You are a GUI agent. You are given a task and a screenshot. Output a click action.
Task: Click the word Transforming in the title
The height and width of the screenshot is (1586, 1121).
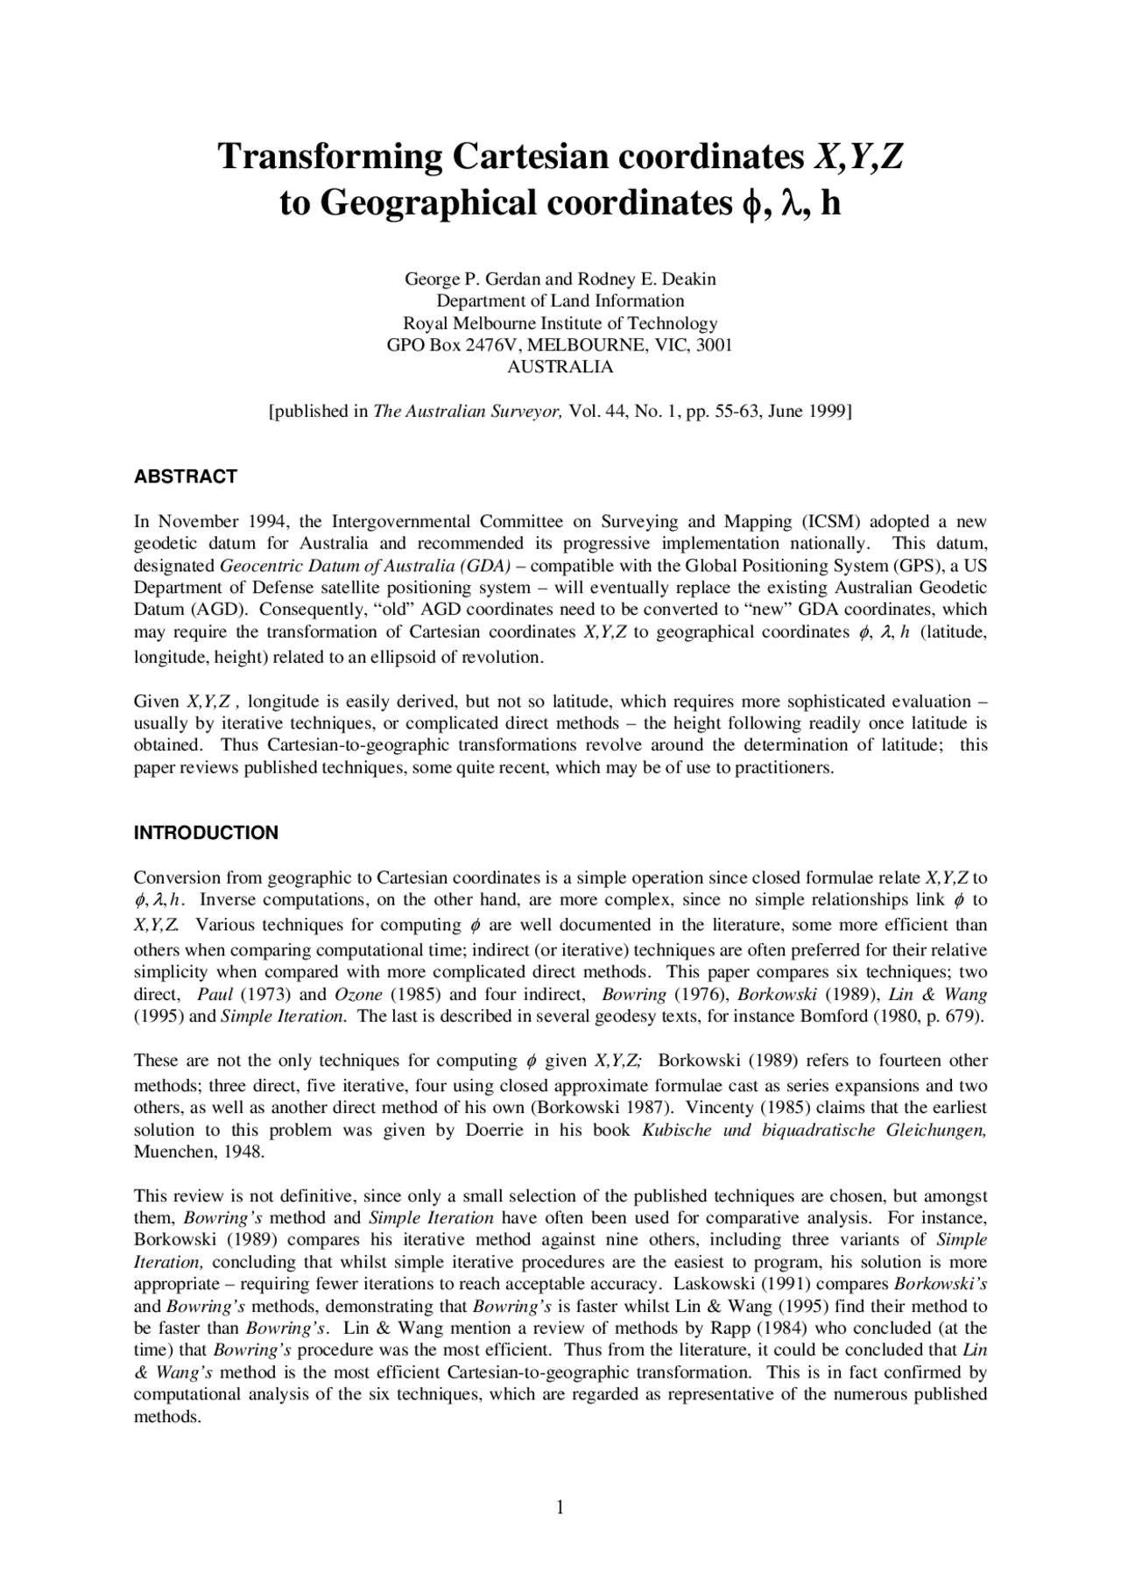click(x=331, y=158)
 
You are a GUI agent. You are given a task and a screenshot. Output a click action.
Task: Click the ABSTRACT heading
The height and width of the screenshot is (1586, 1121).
click(x=185, y=477)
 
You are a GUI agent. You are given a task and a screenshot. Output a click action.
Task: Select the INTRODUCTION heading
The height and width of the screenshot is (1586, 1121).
click(x=206, y=834)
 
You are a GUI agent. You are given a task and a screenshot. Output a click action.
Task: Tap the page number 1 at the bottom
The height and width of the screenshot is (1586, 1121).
click(x=560, y=1507)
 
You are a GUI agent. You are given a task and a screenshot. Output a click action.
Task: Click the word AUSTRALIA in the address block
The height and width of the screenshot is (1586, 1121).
click(x=560, y=367)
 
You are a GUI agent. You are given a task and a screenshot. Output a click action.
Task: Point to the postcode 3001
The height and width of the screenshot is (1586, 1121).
click(x=714, y=345)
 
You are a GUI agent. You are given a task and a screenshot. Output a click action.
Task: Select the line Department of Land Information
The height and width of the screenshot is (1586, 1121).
click(x=560, y=301)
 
